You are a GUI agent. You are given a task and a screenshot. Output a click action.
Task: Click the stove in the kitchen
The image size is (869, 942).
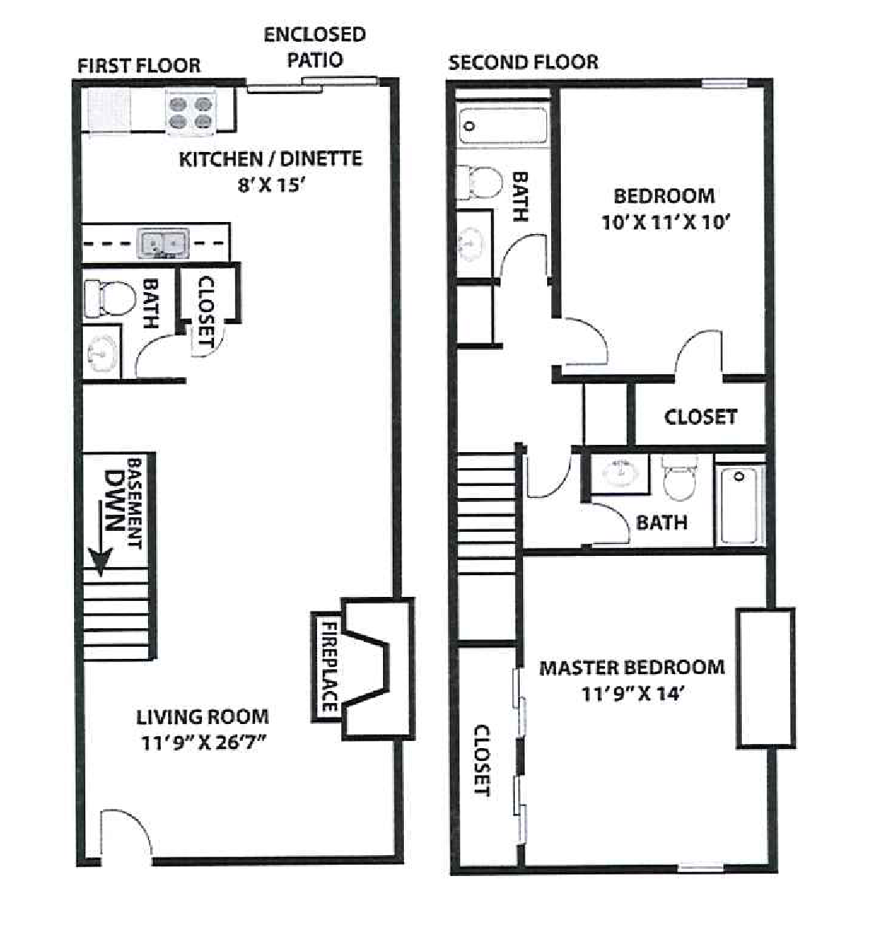pos(191,113)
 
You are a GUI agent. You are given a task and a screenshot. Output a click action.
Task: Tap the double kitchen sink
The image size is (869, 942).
pos(163,243)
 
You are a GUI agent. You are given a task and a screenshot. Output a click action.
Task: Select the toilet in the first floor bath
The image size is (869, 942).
pos(109,298)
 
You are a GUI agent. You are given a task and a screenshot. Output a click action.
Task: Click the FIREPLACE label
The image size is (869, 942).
pos(329,666)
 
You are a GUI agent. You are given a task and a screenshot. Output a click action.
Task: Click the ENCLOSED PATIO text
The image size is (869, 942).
pos(315,47)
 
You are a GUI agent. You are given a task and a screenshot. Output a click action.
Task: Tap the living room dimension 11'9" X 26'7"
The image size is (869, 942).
pos(203,742)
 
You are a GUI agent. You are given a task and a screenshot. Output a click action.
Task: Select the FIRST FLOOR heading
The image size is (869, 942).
pos(139,65)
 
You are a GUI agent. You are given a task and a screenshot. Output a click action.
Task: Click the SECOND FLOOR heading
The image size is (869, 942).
pos(524,63)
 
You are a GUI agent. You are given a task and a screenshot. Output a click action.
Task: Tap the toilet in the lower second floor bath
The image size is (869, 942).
pos(680,478)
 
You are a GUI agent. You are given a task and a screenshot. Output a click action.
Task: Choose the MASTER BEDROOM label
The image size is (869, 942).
pos(632,668)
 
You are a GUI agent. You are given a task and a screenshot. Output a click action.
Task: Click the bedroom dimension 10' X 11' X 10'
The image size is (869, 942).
pos(665,222)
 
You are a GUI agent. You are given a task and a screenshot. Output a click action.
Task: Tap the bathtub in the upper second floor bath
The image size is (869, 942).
pos(504,126)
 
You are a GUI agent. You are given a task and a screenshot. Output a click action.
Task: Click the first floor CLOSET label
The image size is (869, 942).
pos(206,311)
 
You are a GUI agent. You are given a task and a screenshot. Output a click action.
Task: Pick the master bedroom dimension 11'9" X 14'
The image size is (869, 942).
pos(632,694)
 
